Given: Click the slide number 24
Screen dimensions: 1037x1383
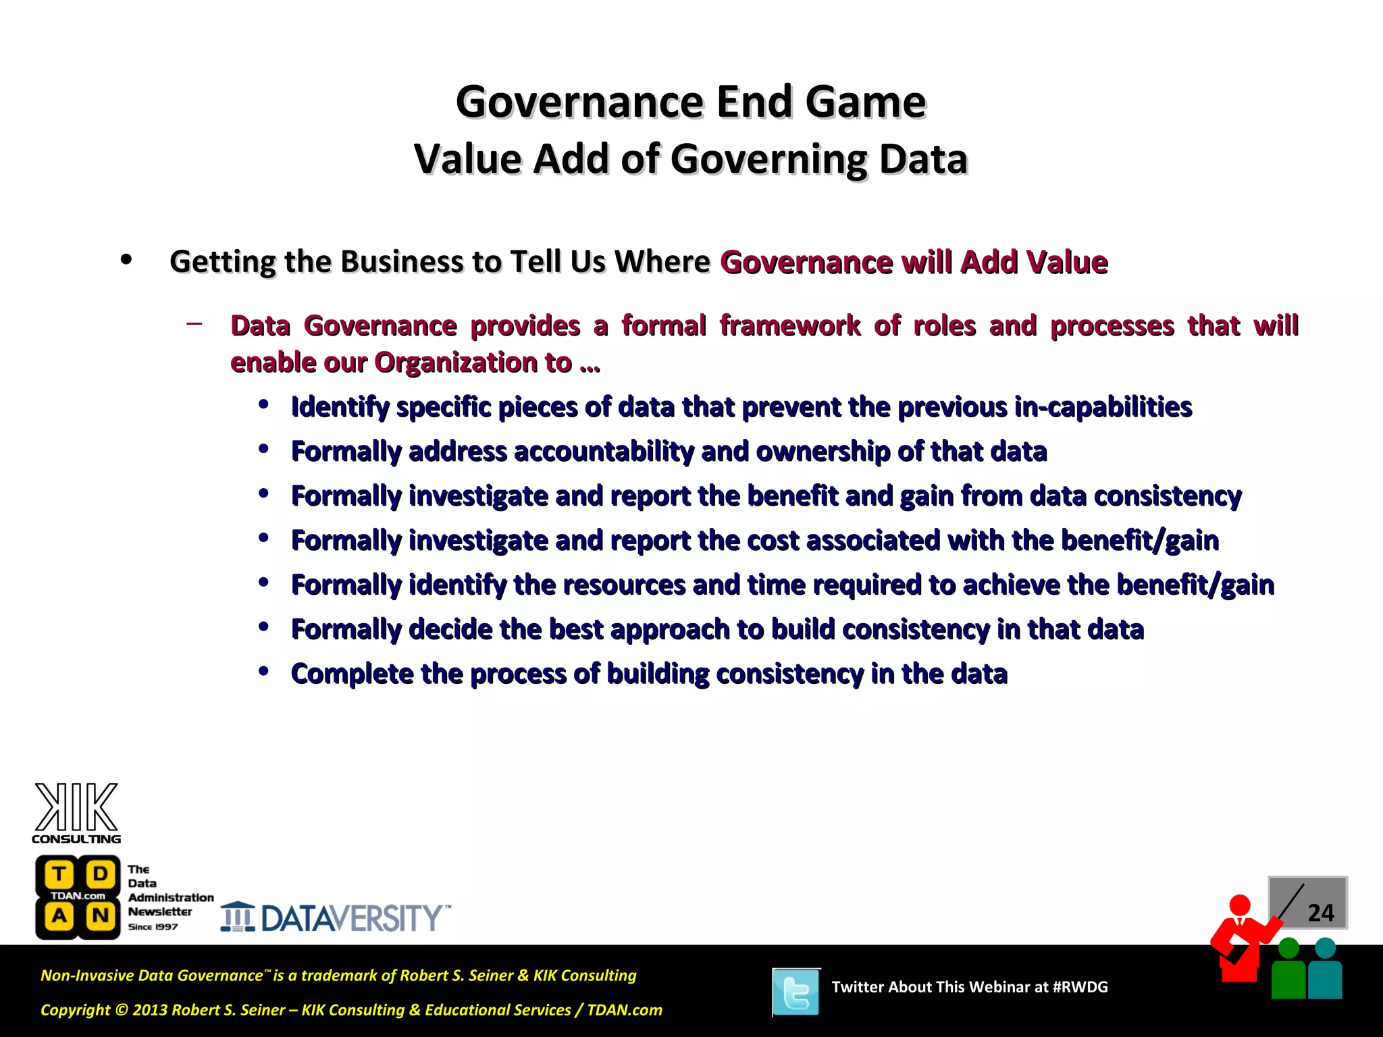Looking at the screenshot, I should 1320,913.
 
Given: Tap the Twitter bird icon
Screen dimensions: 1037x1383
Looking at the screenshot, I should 796,992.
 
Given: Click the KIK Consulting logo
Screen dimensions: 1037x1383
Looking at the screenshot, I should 76,813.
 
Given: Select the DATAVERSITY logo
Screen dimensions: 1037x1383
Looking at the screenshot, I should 336,918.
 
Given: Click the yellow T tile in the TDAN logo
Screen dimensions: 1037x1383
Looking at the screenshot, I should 59,874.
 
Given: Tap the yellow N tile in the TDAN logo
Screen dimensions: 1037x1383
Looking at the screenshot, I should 100,916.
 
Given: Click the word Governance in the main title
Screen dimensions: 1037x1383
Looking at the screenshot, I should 580,102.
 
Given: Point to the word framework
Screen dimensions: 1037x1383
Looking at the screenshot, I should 789,326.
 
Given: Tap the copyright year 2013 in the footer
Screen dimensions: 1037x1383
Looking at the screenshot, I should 149,1010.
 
